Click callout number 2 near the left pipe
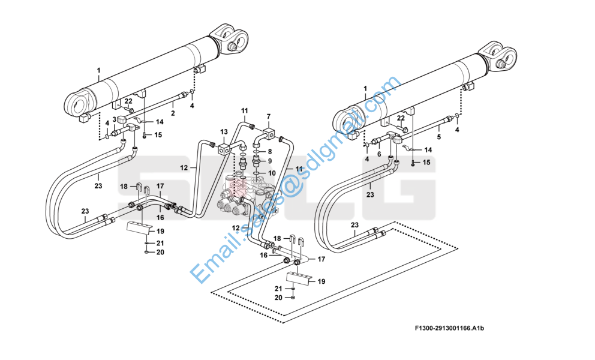pyautogui.click(x=173, y=113)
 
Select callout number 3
pyautogui.click(x=114, y=119)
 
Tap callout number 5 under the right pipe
pyautogui.click(x=439, y=137)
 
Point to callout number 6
pyautogui.click(x=378, y=154)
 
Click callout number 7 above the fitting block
pyautogui.click(x=269, y=116)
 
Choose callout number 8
pyautogui.click(x=270, y=152)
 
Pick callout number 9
pyautogui.click(x=270, y=161)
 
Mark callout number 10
pyautogui.click(x=272, y=173)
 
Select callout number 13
pyautogui.click(x=224, y=132)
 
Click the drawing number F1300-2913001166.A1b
pyautogui.click(x=450, y=328)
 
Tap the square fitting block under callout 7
pyautogui.click(x=270, y=133)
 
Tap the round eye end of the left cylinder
pyautogui.click(x=79, y=102)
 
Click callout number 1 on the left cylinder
pyautogui.click(x=98, y=70)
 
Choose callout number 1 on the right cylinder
pyautogui.click(x=365, y=89)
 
